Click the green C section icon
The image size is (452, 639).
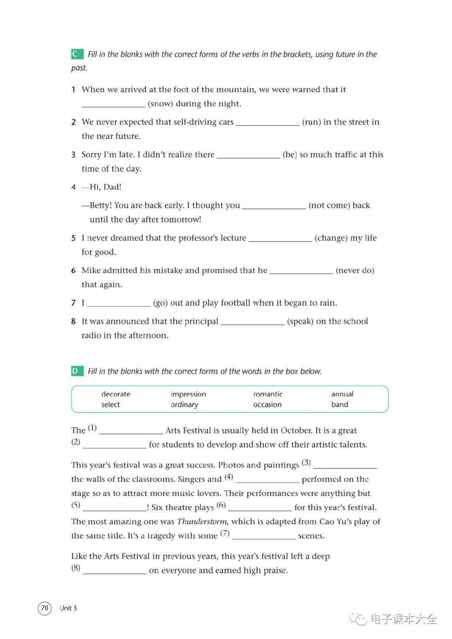tap(76, 54)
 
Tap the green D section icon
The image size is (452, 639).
tap(76, 371)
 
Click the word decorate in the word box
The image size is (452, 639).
tap(116, 394)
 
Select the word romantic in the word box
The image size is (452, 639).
tap(268, 394)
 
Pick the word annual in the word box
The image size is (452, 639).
tap(342, 394)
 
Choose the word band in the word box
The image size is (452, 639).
tap(340, 405)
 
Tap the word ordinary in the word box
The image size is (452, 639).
tap(185, 405)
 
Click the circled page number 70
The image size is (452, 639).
tap(45, 608)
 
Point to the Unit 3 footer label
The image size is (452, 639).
tap(68, 608)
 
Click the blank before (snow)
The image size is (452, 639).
tap(113, 105)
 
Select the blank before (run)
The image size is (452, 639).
tap(268, 123)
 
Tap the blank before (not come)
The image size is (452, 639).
tap(274, 206)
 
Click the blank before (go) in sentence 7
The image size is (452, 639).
tap(119, 304)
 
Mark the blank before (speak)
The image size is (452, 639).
tap(253, 322)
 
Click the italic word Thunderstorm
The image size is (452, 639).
tap(202, 522)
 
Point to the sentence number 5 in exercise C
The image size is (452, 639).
tap(73, 238)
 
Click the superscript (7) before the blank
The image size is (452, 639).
tap(225, 533)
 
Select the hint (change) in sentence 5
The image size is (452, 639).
tap(331, 238)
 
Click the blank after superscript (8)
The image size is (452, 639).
tap(115, 571)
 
